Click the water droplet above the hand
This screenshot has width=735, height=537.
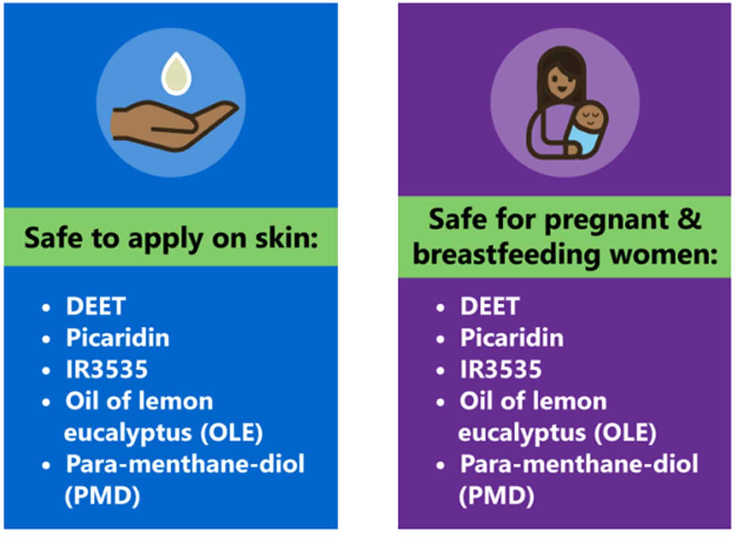(176, 74)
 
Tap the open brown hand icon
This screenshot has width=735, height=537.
(175, 126)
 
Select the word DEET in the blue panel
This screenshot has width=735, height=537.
(96, 306)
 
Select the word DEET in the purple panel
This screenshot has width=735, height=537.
(490, 306)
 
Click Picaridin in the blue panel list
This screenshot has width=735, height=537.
(118, 338)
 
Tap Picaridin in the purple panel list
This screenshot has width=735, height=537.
(512, 338)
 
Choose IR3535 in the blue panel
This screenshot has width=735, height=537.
(107, 369)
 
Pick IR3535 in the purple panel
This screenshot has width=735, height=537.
(501, 369)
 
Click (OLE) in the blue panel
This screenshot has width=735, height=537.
(232, 432)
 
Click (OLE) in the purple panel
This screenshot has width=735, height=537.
(625, 432)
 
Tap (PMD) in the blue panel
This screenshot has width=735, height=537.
(102, 496)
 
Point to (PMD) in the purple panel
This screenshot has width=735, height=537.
(497, 496)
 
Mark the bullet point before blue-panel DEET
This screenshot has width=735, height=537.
(46, 308)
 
